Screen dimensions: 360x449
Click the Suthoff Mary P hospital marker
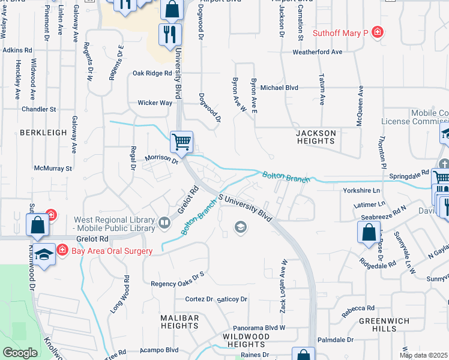(378, 32)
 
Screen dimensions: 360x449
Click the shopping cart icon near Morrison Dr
(181, 142)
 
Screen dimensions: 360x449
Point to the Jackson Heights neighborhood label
(316, 137)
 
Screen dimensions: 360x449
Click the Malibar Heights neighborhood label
(180, 320)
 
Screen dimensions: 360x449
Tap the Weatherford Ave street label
(317, 52)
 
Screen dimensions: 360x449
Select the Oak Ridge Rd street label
(152, 73)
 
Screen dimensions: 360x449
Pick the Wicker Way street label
(155, 103)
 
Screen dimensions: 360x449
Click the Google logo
(20, 353)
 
